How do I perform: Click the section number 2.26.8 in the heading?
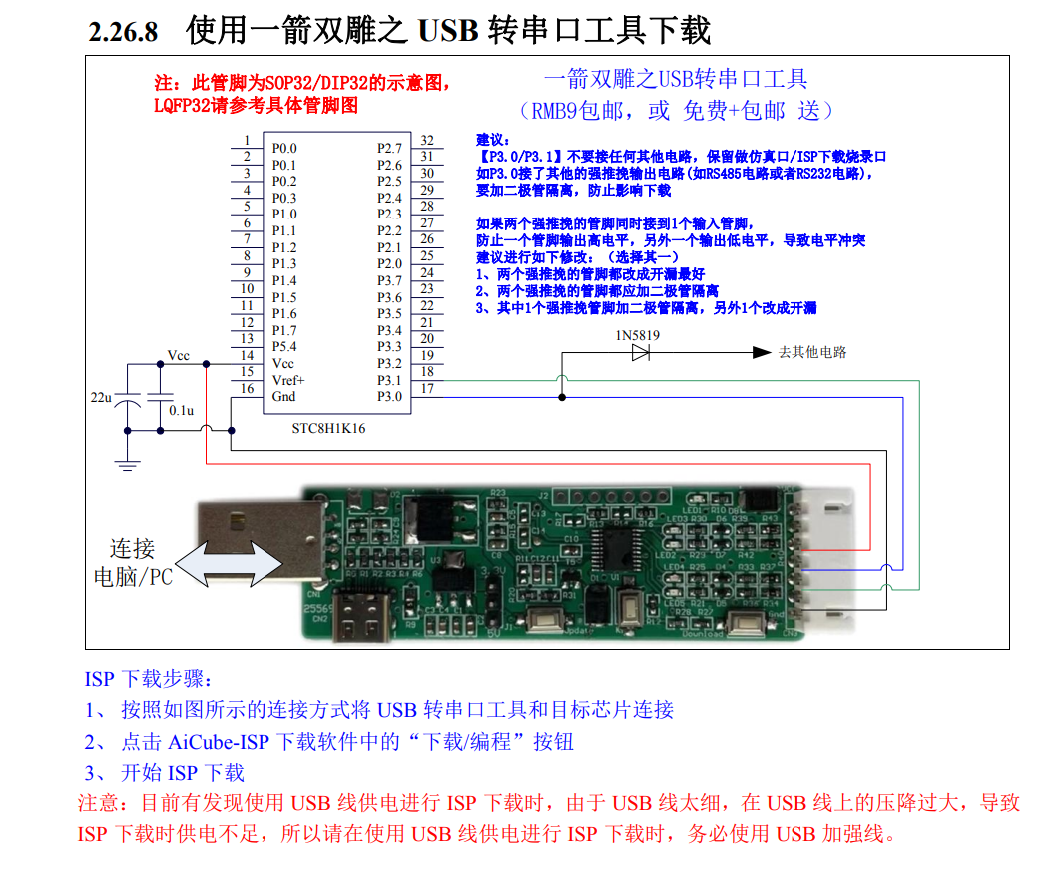pyautogui.click(x=123, y=32)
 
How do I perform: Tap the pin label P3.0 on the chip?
pyautogui.click(x=389, y=396)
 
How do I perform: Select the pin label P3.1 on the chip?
pyautogui.click(x=389, y=380)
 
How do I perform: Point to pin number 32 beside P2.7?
pyautogui.click(x=427, y=141)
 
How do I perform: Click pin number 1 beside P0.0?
pyautogui.click(x=246, y=141)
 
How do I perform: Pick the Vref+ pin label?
pyautogui.click(x=288, y=380)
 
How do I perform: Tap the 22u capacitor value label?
pyautogui.click(x=101, y=397)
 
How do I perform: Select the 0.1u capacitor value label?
pyautogui.click(x=181, y=410)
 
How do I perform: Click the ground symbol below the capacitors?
pyautogui.click(x=127, y=462)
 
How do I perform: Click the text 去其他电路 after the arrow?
pyautogui.click(x=811, y=352)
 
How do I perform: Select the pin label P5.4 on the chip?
pyautogui.click(x=284, y=346)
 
